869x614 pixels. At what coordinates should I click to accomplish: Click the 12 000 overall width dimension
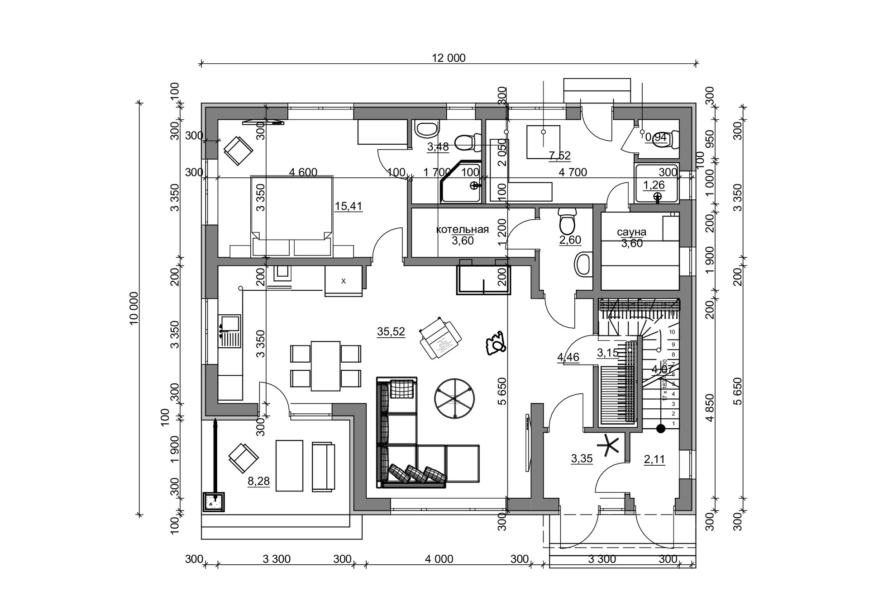coord(449,58)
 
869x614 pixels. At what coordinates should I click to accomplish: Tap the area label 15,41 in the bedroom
coord(349,207)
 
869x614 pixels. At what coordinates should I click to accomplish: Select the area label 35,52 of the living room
coord(391,332)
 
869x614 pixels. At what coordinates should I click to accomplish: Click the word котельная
coord(462,229)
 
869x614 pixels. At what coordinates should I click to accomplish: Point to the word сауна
coord(631,232)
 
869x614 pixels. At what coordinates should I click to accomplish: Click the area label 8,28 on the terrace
coord(258,482)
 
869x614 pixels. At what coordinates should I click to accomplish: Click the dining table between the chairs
coord(325,366)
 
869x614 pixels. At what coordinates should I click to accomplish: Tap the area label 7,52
coord(559,156)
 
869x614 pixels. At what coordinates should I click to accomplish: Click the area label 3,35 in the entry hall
coord(582,459)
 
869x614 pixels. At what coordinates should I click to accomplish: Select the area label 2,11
coord(654,460)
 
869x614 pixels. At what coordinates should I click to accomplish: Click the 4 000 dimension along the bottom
coord(439,559)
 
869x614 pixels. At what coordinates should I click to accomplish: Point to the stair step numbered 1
coord(673,424)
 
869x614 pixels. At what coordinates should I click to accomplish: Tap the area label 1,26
coord(654,185)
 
